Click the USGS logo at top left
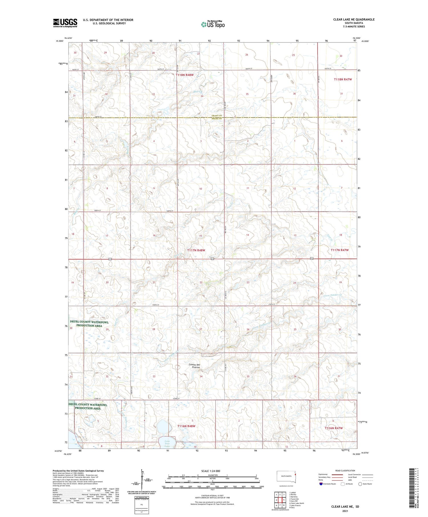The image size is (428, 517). pyautogui.click(x=65, y=23)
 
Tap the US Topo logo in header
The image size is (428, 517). pyautogui.click(x=213, y=25)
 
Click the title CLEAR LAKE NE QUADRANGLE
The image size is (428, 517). pyautogui.click(x=354, y=19)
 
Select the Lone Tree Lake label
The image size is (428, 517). pyautogui.click(x=167, y=444)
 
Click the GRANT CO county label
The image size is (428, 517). pyautogui.click(x=217, y=115)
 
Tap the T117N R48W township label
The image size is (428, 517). pyautogui.click(x=196, y=250)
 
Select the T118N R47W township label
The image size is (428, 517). pyautogui.click(x=343, y=80)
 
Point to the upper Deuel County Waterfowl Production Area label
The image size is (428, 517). pyautogui.click(x=89, y=324)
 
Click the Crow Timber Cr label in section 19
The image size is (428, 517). pyautogui.click(x=333, y=295)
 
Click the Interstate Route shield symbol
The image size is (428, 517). pyautogui.click(x=321, y=484)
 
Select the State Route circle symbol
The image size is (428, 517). pyautogui.click(x=360, y=484)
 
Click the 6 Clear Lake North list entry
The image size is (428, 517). pyautogui.click(x=296, y=503)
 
